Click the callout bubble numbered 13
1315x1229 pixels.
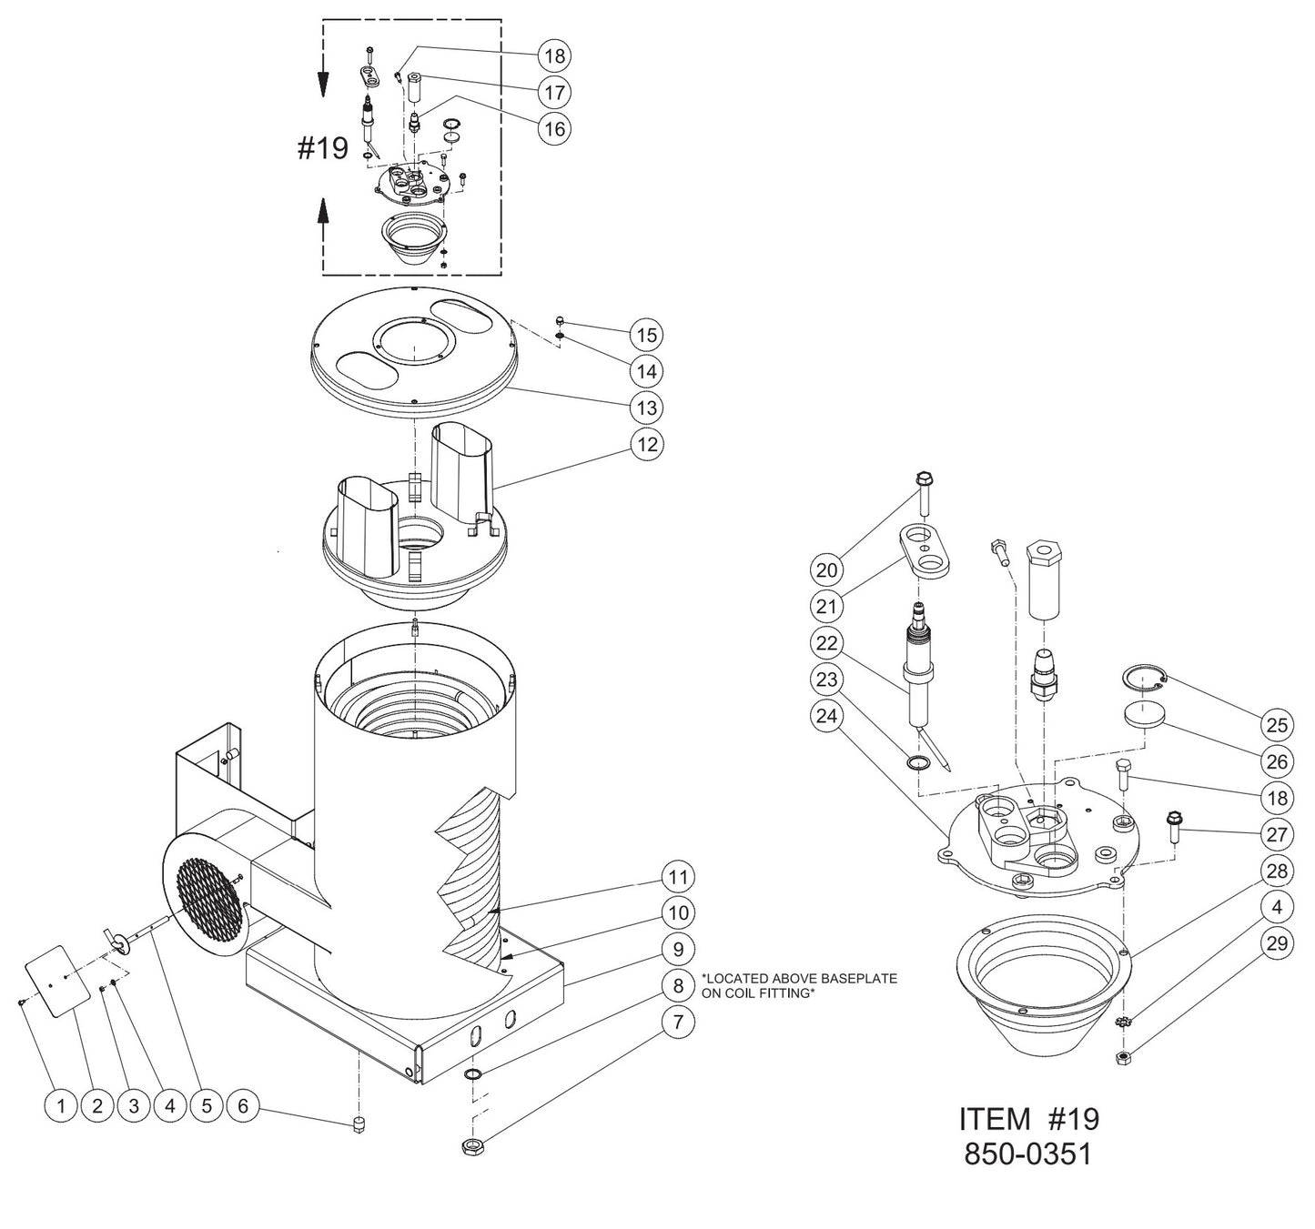tap(646, 408)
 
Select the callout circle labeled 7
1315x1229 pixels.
tap(677, 1022)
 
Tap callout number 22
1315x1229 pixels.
tap(826, 642)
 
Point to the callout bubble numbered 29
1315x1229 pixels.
tap(1278, 943)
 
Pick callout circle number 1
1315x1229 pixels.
tap(61, 1106)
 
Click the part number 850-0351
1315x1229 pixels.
tap(1028, 1154)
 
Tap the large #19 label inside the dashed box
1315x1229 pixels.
tap(323, 148)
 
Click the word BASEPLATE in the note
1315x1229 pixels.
tap(855, 979)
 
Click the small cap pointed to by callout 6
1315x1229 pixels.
tap(359, 1126)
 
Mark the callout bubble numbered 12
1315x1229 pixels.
tap(646, 444)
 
